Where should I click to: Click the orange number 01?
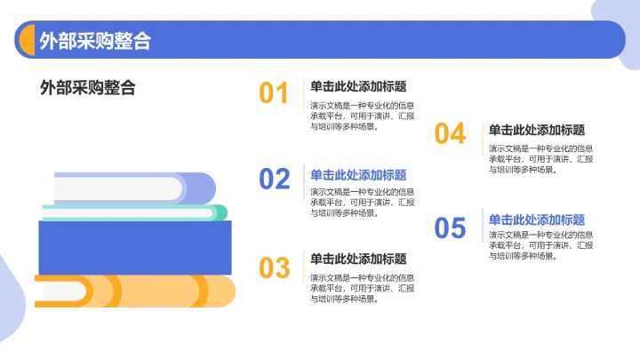coord(274,93)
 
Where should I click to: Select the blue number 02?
coord(275,180)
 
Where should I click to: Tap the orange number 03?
coord(275,267)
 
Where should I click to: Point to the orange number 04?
coord(450,134)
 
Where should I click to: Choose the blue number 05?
coord(450,228)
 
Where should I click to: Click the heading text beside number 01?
coord(358,87)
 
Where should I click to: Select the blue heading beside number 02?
coord(358,175)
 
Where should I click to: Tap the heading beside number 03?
coord(358,259)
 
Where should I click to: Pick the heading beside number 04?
coord(536,130)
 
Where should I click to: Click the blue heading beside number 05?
coord(536,220)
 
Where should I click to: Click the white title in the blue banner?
coord(94,41)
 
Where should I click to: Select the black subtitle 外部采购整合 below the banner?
coord(88,88)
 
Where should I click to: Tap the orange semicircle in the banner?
coord(26,41)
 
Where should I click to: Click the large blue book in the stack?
coord(134,247)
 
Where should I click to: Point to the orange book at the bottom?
coord(135,291)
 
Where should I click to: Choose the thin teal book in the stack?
coord(133,212)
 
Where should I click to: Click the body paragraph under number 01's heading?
coord(362,115)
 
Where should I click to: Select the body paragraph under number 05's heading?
coord(540,244)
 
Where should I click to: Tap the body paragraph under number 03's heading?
coord(362,288)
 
